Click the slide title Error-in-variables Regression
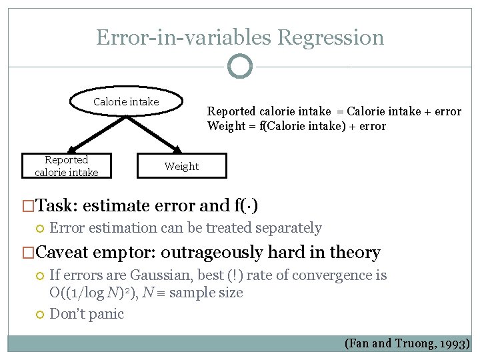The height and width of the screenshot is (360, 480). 240,37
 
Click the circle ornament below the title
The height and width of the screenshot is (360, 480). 240,66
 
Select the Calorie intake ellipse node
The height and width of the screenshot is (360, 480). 126,102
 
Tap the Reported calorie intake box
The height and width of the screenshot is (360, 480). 66,166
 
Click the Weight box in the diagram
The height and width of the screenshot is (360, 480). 181,167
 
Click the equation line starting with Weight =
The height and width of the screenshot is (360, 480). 296,126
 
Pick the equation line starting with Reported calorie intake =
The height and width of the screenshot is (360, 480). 333,111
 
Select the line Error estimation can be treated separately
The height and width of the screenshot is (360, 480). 185,228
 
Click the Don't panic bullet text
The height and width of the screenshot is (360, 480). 87,314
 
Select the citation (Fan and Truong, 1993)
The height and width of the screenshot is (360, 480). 407,344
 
